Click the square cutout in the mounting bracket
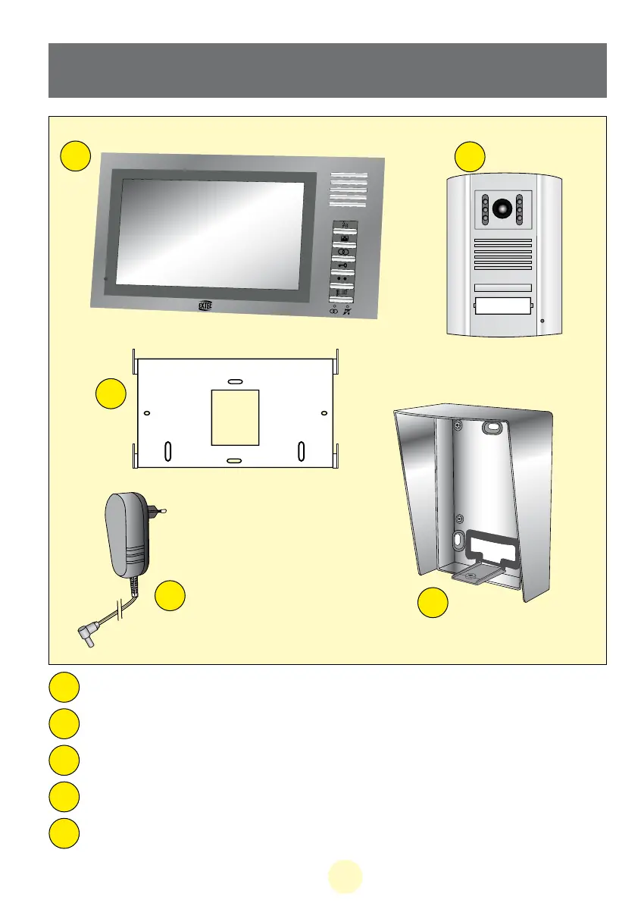click(x=235, y=418)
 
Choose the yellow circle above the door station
click(x=470, y=155)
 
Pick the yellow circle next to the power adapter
click(x=170, y=596)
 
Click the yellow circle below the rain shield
click(x=433, y=603)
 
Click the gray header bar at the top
click(x=327, y=71)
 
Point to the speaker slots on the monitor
click(x=349, y=192)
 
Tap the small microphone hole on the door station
click(x=543, y=321)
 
